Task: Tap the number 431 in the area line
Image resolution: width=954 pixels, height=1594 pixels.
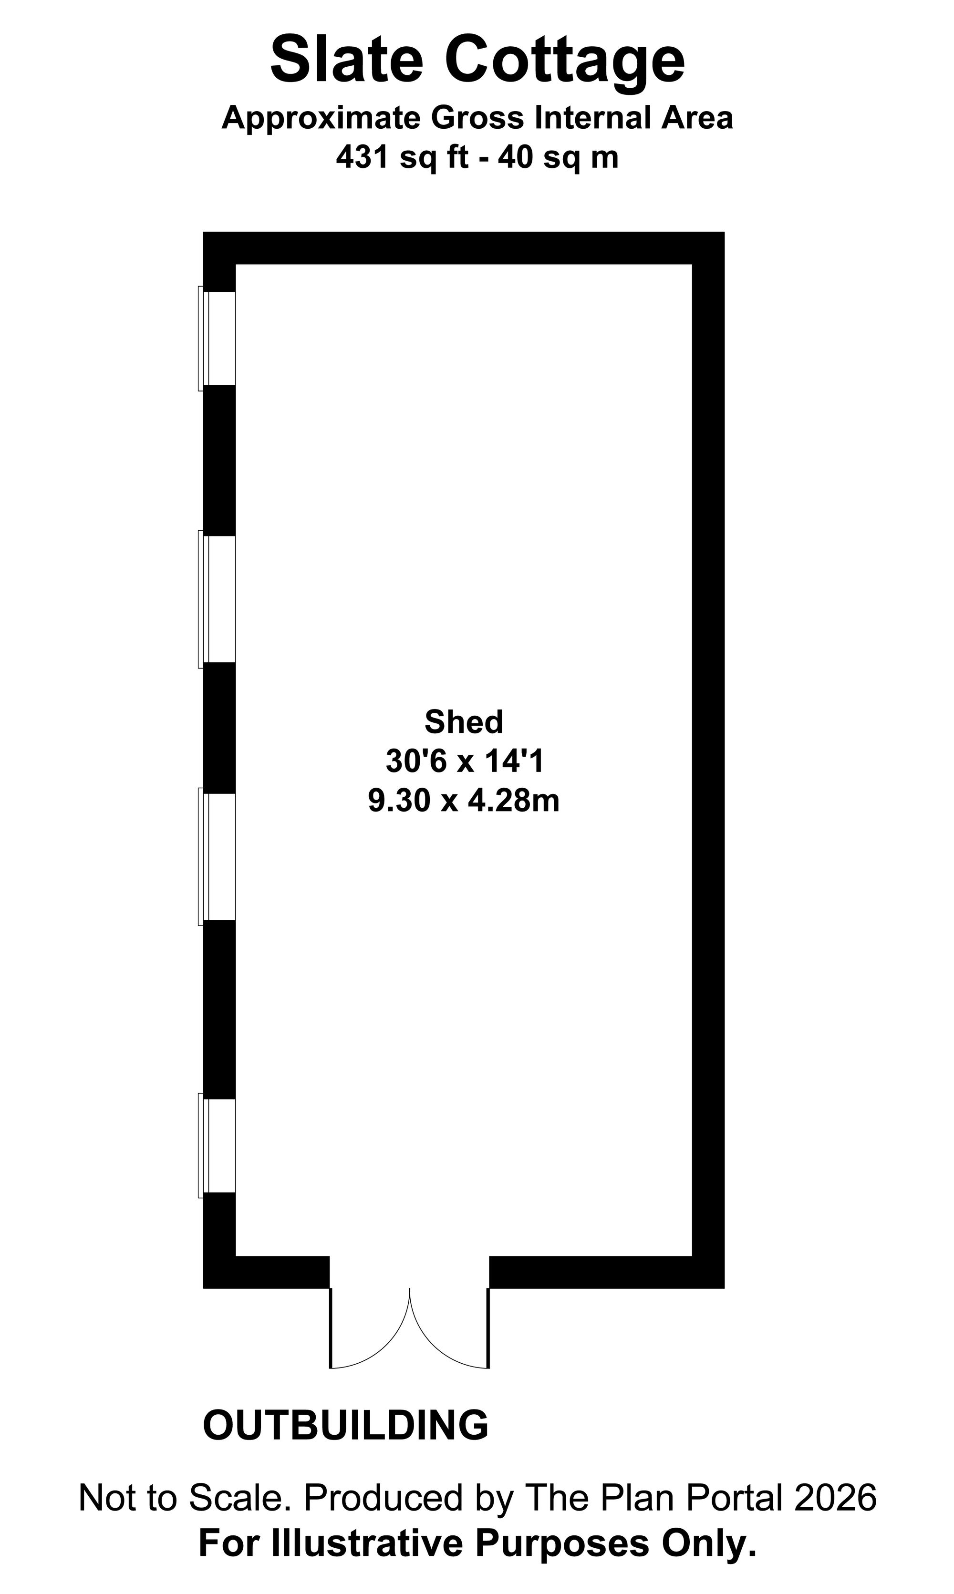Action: [363, 157]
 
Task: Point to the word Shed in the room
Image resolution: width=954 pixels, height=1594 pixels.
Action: [464, 722]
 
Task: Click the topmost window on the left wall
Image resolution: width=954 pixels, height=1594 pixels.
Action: [217, 339]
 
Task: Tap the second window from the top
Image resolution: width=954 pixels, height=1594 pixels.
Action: [217, 599]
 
